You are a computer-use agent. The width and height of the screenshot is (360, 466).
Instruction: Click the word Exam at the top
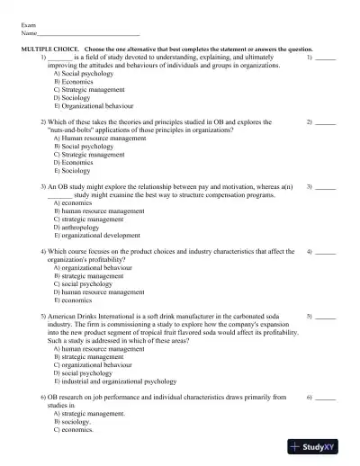click(28, 27)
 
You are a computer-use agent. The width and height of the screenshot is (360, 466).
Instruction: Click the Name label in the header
click(29, 34)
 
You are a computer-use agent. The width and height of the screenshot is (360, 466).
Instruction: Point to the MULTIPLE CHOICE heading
click(49, 49)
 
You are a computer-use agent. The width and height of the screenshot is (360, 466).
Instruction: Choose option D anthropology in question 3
click(83, 228)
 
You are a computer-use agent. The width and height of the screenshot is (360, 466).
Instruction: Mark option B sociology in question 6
click(79, 421)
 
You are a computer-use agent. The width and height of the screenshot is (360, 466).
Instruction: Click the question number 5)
click(44, 317)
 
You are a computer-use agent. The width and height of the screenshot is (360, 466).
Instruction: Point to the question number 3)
click(44, 187)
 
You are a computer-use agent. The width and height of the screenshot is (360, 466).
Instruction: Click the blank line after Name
click(89, 35)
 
